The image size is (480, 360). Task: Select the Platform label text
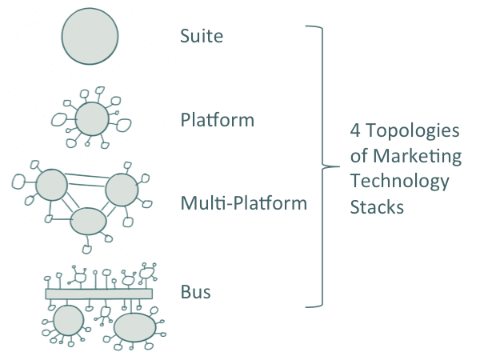218,121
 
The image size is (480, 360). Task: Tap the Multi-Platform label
243,203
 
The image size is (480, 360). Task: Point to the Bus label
196,292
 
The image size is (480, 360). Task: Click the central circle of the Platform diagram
91,121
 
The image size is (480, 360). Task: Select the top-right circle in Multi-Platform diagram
122,190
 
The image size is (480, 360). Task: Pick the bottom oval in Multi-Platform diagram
88,220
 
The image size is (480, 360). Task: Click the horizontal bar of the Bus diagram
98,294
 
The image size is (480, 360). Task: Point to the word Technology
400,181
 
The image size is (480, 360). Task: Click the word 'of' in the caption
360,155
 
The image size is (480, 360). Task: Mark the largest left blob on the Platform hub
58,119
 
